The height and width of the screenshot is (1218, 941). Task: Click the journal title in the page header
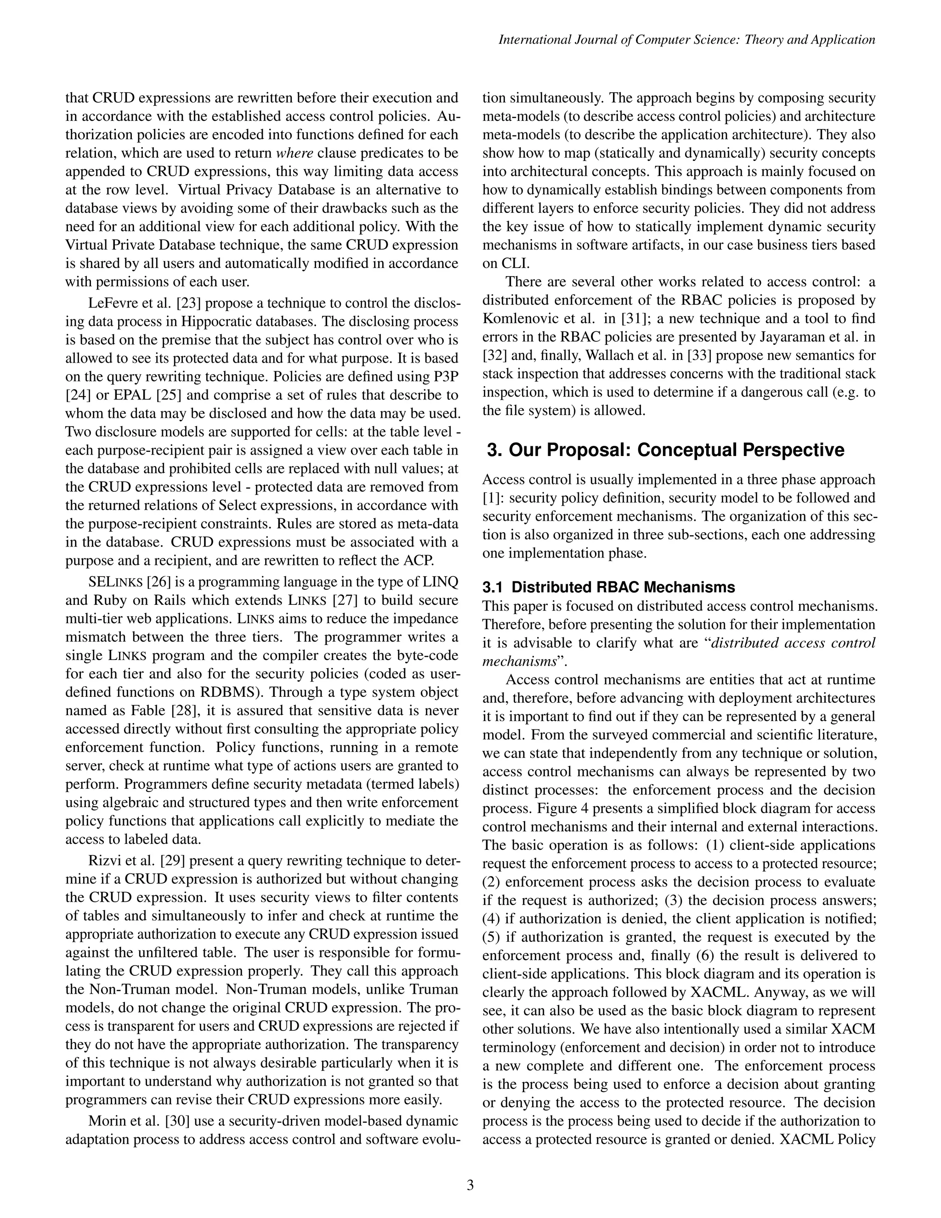(x=686, y=40)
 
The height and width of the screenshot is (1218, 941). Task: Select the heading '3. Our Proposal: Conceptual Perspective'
(x=665, y=450)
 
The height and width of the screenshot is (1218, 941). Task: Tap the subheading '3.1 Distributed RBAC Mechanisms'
(x=609, y=586)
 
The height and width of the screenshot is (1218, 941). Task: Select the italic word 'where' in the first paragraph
(x=295, y=153)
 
